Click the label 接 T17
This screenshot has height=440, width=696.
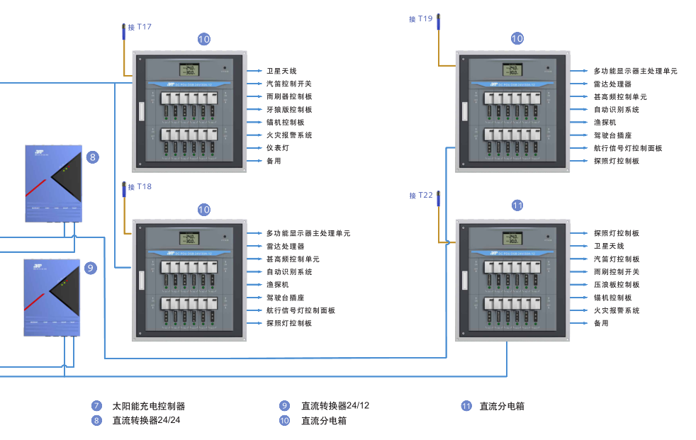pos(140,27)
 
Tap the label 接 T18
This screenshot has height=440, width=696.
pos(140,187)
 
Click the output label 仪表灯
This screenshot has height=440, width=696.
pos(278,148)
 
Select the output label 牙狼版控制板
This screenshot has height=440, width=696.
pos(289,110)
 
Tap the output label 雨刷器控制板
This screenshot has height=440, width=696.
pos(289,96)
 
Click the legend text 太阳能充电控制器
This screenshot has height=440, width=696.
pos(149,407)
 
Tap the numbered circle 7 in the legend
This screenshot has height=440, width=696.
pos(96,407)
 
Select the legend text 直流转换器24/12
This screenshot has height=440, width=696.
pos(335,406)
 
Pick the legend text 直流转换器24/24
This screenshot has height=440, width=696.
pos(146,420)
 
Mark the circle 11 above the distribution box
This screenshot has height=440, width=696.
pos(517,205)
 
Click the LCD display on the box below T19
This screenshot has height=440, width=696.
pos(512,70)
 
